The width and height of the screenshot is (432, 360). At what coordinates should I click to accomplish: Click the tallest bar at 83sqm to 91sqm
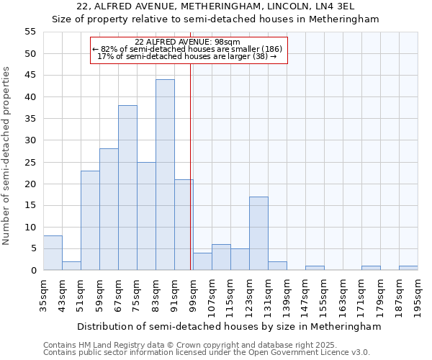pos(165,175)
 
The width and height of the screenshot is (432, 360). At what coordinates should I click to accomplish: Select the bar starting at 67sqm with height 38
pos(127,188)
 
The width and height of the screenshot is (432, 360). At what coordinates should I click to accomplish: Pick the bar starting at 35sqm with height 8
pos(53,253)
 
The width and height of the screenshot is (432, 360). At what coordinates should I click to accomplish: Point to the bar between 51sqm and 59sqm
pos(90,220)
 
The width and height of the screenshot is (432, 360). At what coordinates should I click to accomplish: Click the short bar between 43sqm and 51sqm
pos(71,266)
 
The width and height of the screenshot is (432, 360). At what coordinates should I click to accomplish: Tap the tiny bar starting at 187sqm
pos(408,268)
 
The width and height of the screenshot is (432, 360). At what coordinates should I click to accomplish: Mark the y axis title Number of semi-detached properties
pos(7,156)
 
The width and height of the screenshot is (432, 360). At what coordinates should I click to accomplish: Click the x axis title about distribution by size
pos(229,326)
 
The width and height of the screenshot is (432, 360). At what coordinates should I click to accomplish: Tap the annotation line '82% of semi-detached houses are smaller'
pos(189,49)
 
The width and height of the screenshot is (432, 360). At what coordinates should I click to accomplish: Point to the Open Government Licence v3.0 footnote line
pos(207,352)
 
